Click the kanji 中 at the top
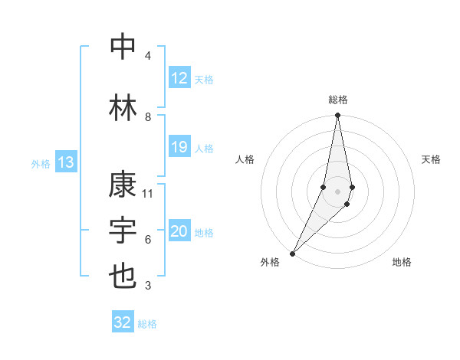point(123,47)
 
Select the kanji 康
point(123,186)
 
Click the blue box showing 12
point(179,78)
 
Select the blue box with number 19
point(179,147)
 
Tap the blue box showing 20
point(179,232)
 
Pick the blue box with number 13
point(66,162)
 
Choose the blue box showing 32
point(123,322)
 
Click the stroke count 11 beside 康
point(148,194)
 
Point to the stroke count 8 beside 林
point(148,117)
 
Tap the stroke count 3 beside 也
point(148,286)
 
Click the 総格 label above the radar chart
point(338,100)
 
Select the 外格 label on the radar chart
point(270,262)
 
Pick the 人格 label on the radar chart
point(245,159)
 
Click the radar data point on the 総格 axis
point(337,116)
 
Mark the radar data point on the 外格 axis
point(293,253)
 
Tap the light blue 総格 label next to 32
point(148,324)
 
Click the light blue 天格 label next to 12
point(204,79)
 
